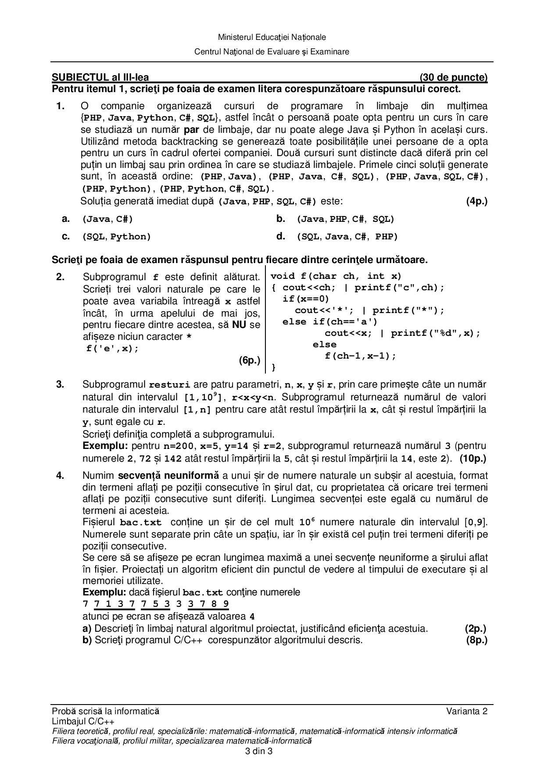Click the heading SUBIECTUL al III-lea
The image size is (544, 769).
(x=100, y=78)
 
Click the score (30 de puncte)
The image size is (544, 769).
(x=453, y=78)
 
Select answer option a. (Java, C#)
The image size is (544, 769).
(x=107, y=219)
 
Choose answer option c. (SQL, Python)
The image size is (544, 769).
(x=116, y=237)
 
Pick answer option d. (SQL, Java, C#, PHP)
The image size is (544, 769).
(x=347, y=237)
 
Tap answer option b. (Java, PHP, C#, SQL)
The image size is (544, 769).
(x=345, y=219)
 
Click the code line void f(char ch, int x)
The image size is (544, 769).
(x=336, y=276)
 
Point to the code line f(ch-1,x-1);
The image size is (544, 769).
(x=360, y=356)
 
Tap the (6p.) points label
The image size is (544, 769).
(x=249, y=360)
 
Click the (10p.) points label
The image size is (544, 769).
(x=473, y=459)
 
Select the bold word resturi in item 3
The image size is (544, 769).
(x=170, y=385)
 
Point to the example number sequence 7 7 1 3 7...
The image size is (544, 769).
(x=109, y=604)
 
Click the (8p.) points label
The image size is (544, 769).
(x=476, y=640)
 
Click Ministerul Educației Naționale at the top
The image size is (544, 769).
(x=272, y=37)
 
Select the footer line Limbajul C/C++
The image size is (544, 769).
(x=83, y=721)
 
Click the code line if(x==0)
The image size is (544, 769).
(x=305, y=299)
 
